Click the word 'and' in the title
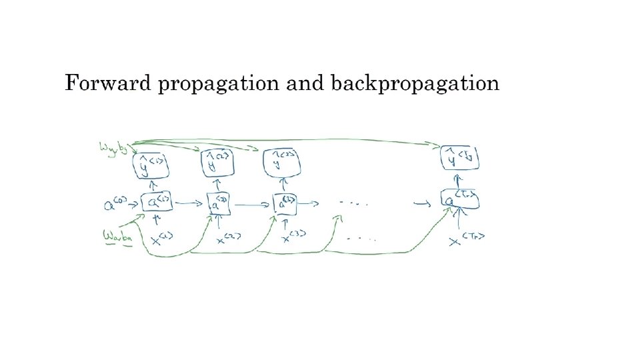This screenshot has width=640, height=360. [303, 83]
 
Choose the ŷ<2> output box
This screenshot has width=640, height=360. [217, 162]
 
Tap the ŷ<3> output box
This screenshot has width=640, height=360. [283, 162]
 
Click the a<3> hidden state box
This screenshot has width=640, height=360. [285, 203]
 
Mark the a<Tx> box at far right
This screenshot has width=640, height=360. [460, 198]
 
